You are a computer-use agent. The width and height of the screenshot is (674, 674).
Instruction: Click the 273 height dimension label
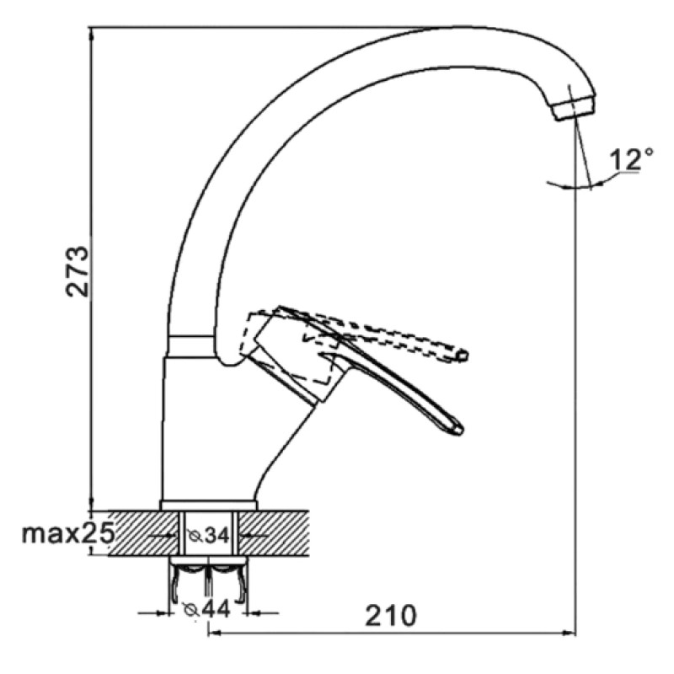(78, 271)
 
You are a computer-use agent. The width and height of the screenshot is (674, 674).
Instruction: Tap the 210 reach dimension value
(391, 615)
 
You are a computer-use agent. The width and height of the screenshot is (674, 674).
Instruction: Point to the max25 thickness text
(69, 533)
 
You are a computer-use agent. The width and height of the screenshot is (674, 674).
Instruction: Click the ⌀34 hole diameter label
(208, 535)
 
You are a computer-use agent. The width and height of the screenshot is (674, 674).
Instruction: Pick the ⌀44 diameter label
(206, 608)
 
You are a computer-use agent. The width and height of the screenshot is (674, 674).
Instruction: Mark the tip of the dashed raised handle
(463, 355)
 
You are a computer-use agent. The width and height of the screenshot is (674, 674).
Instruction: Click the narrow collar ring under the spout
(191, 345)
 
